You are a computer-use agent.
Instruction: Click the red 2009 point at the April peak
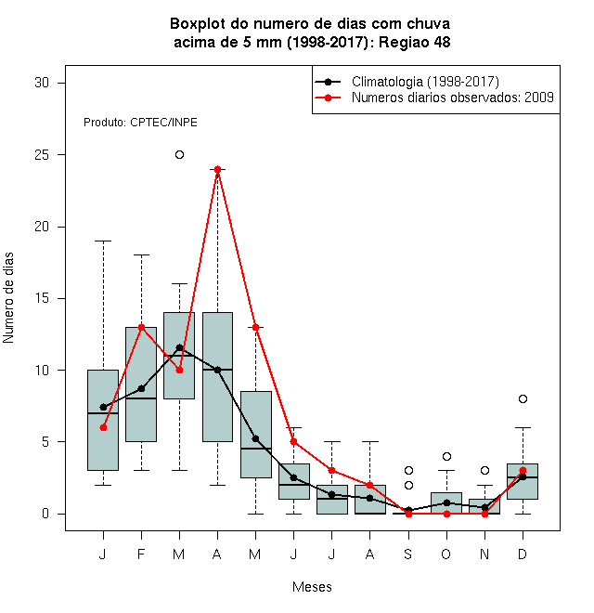[x=218, y=169]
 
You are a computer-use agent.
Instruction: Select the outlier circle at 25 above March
[x=179, y=155]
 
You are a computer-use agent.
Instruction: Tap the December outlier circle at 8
[x=523, y=398]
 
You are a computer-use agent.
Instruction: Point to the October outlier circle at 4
[x=446, y=456]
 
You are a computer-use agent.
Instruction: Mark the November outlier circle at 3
[x=484, y=470]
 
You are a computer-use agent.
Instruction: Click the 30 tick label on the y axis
[x=42, y=83]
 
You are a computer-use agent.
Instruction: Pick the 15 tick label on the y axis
[x=42, y=298]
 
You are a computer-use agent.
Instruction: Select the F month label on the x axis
[x=141, y=554]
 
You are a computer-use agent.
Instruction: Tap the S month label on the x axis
[x=408, y=554]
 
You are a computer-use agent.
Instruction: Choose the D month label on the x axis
[x=523, y=554]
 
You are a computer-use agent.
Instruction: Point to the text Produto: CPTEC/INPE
[x=140, y=123]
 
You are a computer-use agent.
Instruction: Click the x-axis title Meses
[x=312, y=587]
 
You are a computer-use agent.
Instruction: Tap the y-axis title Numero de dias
[x=8, y=298]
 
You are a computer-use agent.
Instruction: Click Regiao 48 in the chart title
[x=414, y=42]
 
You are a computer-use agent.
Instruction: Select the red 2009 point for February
[x=141, y=327]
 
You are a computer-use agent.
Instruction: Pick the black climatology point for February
[x=141, y=388]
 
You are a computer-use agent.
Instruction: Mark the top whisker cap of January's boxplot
[x=103, y=241]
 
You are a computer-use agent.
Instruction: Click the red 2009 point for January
[x=103, y=427]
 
